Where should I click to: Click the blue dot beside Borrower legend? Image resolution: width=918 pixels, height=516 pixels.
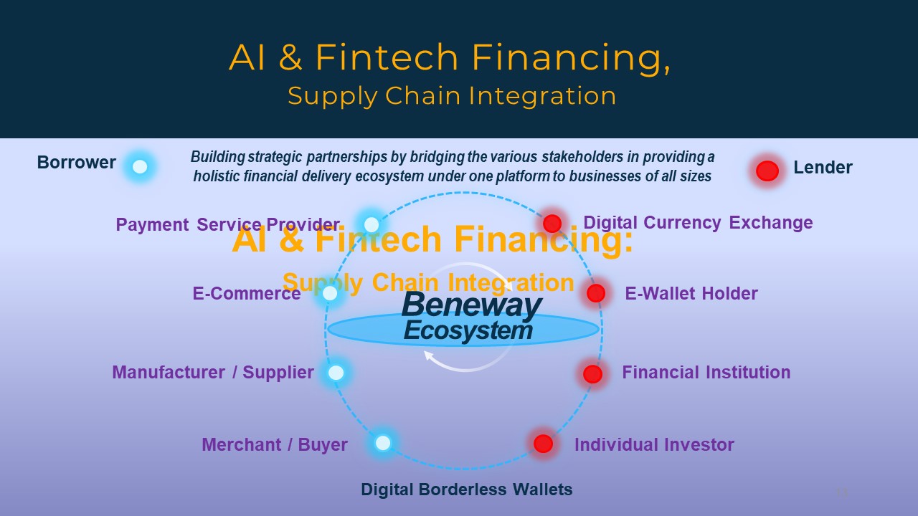tap(140, 167)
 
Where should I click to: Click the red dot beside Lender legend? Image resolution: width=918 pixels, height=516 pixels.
tap(767, 171)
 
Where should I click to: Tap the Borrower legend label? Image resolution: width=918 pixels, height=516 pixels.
tap(76, 163)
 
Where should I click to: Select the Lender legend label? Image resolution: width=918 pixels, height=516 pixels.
tap(823, 167)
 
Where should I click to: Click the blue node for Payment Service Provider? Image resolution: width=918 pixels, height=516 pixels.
tap(372, 224)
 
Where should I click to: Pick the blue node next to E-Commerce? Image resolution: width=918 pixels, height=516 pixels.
tap(330, 293)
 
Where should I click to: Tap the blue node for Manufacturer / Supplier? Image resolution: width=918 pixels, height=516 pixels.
tap(336, 373)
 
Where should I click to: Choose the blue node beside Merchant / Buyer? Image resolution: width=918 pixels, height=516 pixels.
tap(383, 443)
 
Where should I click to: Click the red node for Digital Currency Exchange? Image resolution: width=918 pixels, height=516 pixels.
tap(552, 223)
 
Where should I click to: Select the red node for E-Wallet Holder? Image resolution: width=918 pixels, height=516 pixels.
tap(596, 293)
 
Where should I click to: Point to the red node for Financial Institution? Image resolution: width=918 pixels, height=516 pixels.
tap(592, 374)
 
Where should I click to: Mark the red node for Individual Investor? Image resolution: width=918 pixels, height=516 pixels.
tap(544, 444)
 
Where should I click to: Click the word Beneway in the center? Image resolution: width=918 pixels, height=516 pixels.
tap(472, 305)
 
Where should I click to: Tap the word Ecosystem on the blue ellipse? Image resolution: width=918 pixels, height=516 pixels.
tap(468, 330)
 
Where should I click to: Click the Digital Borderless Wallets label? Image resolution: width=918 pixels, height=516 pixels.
tap(466, 489)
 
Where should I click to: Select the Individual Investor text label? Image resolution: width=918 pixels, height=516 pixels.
tap(654, 445)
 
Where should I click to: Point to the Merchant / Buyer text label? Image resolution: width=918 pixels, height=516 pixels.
tap(275, 445)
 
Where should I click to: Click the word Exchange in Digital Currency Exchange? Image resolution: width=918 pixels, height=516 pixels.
tap(771, 223)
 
